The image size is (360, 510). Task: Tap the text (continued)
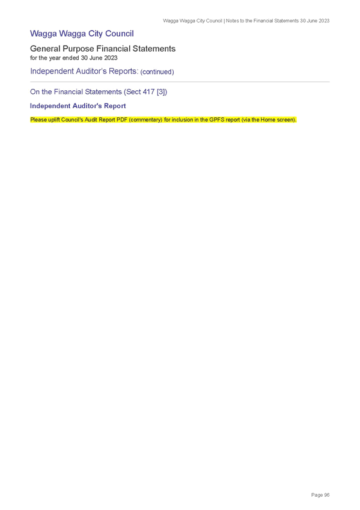pos(157,72)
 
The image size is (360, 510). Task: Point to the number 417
pos(148,92)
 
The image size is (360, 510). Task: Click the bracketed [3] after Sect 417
pos(162,92)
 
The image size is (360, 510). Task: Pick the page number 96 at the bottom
pos(327,495)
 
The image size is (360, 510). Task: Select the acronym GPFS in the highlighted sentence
pos(216,120)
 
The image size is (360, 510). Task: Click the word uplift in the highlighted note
pos(54,120)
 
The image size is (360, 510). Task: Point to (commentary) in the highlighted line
pos(145,120)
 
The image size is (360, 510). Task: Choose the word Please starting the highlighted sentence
pos(38,120)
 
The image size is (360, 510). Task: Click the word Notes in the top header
pos(233,21)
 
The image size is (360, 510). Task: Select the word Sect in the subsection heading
pos(133,92)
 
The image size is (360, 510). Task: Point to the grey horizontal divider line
pos(180,82)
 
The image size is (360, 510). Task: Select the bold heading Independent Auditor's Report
pos(78,106)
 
